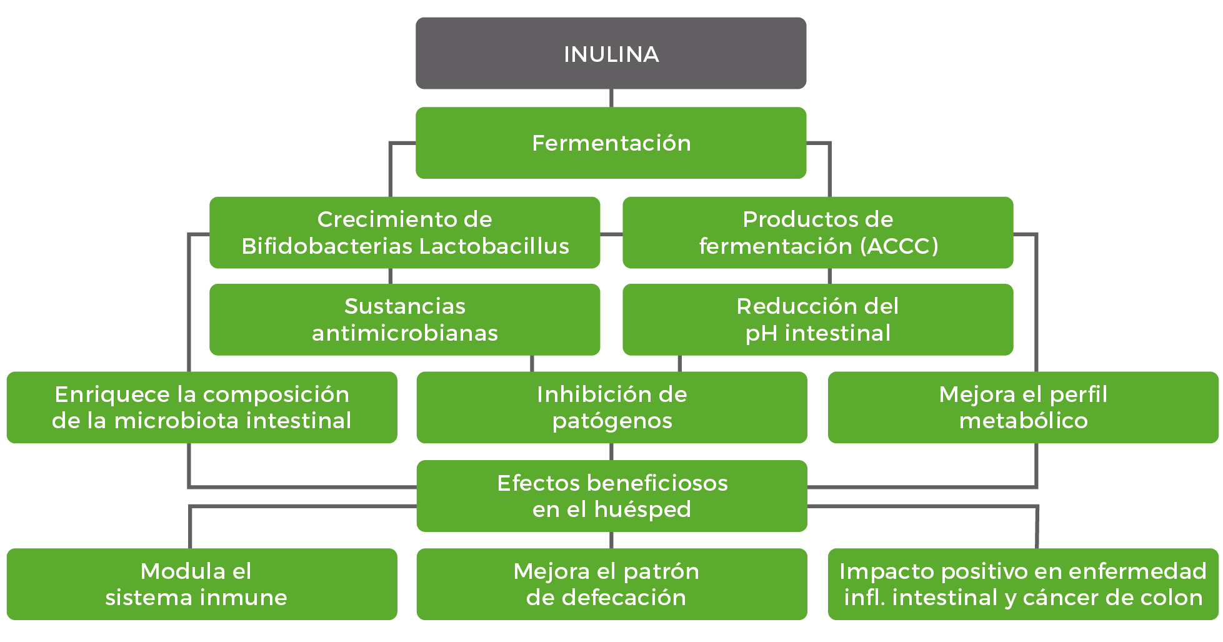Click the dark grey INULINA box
[611, 54]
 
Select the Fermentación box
[611, 143]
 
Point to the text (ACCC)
[899, 246]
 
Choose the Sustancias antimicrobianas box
[404, 319]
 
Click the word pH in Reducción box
[761, 334]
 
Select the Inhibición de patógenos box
[611, 408]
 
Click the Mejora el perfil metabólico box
[1022, 408]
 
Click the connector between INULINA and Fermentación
[611, 98]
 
